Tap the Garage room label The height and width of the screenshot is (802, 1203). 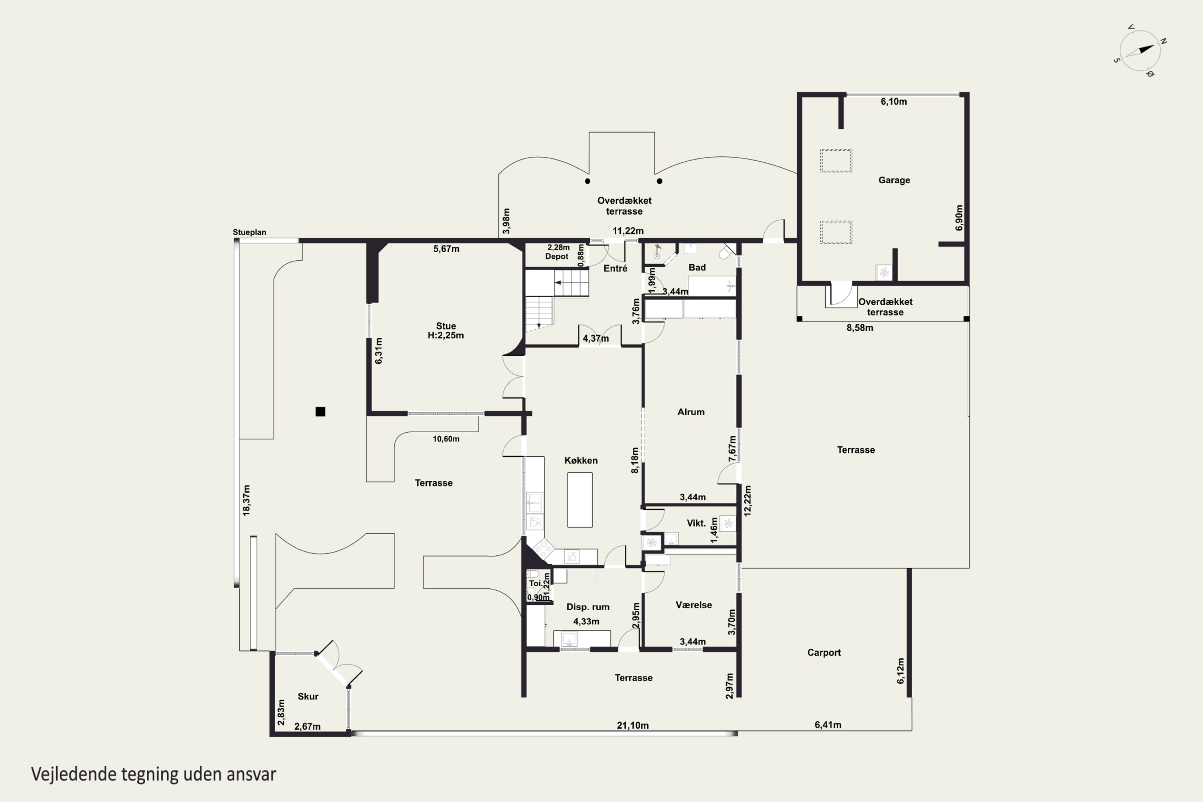point(894,180)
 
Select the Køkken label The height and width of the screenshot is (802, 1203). point(581,460)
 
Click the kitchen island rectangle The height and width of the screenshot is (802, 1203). point(580,500)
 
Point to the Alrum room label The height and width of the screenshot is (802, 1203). point(691,412)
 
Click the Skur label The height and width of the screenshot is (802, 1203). point(308,696)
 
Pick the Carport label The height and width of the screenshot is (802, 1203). point(824,653)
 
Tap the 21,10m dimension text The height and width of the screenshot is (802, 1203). point(633,725)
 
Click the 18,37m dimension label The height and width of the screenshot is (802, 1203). point(247,500)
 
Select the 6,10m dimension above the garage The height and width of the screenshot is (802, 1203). point(893,102)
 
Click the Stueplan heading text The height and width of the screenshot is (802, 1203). point(249,232)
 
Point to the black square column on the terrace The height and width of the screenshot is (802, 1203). point(320,412)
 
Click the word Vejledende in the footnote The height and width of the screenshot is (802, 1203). point(74,774)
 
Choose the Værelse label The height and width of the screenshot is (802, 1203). point(694,605)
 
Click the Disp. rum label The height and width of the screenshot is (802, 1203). point(588,607)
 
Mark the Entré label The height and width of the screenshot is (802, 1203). point(615,269)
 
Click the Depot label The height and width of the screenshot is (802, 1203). point(557,257)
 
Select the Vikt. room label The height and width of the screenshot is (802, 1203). point(696,523)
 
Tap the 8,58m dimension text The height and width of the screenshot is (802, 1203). point(860,328)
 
